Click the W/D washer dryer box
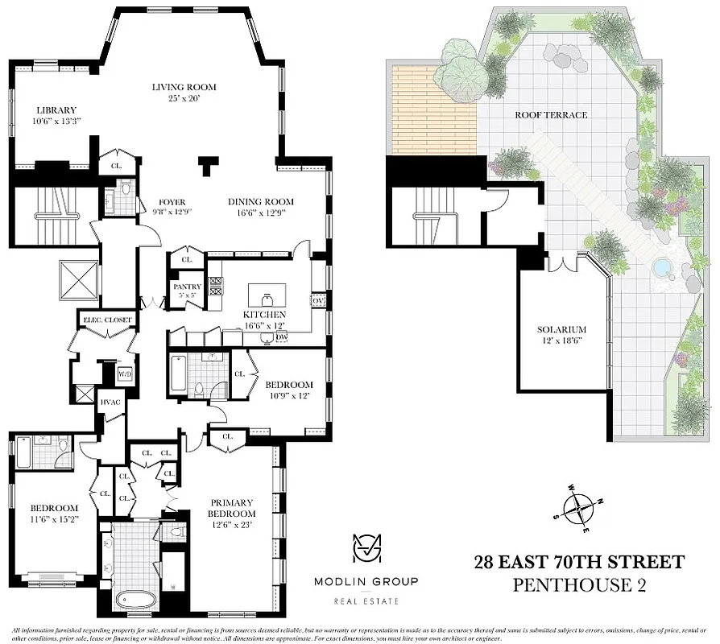[x=125, y=374]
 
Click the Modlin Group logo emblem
[x=366, y=549]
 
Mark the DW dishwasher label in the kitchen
[x=281, y=337]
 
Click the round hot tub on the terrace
[x=661, y=266]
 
